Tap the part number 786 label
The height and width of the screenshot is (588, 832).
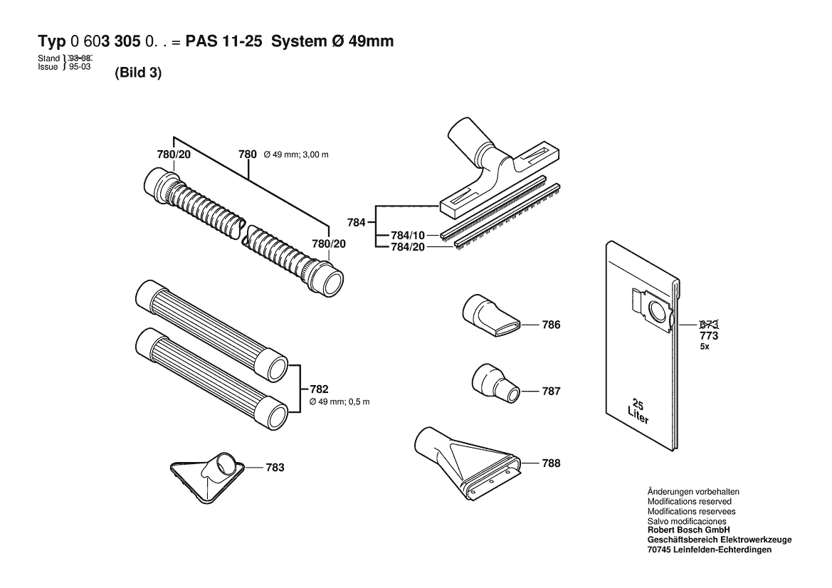coord(551,325)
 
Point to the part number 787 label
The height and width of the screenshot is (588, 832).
coord(551,391)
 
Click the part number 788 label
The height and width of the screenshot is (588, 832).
coord(551,463)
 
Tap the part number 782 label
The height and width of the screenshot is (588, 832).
coord(319,389)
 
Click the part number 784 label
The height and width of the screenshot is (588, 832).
coord(355,223)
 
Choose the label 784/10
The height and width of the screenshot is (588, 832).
coord(408,236)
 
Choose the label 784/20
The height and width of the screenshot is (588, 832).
coord(408,247)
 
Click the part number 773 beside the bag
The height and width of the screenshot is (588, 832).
coord(709,335)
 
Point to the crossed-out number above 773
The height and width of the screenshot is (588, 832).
coord(709,325)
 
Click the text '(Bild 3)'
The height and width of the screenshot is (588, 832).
coord(138,73)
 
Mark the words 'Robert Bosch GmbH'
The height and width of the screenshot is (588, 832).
coord(688,530)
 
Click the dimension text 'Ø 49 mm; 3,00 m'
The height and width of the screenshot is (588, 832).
coord(299,154)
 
